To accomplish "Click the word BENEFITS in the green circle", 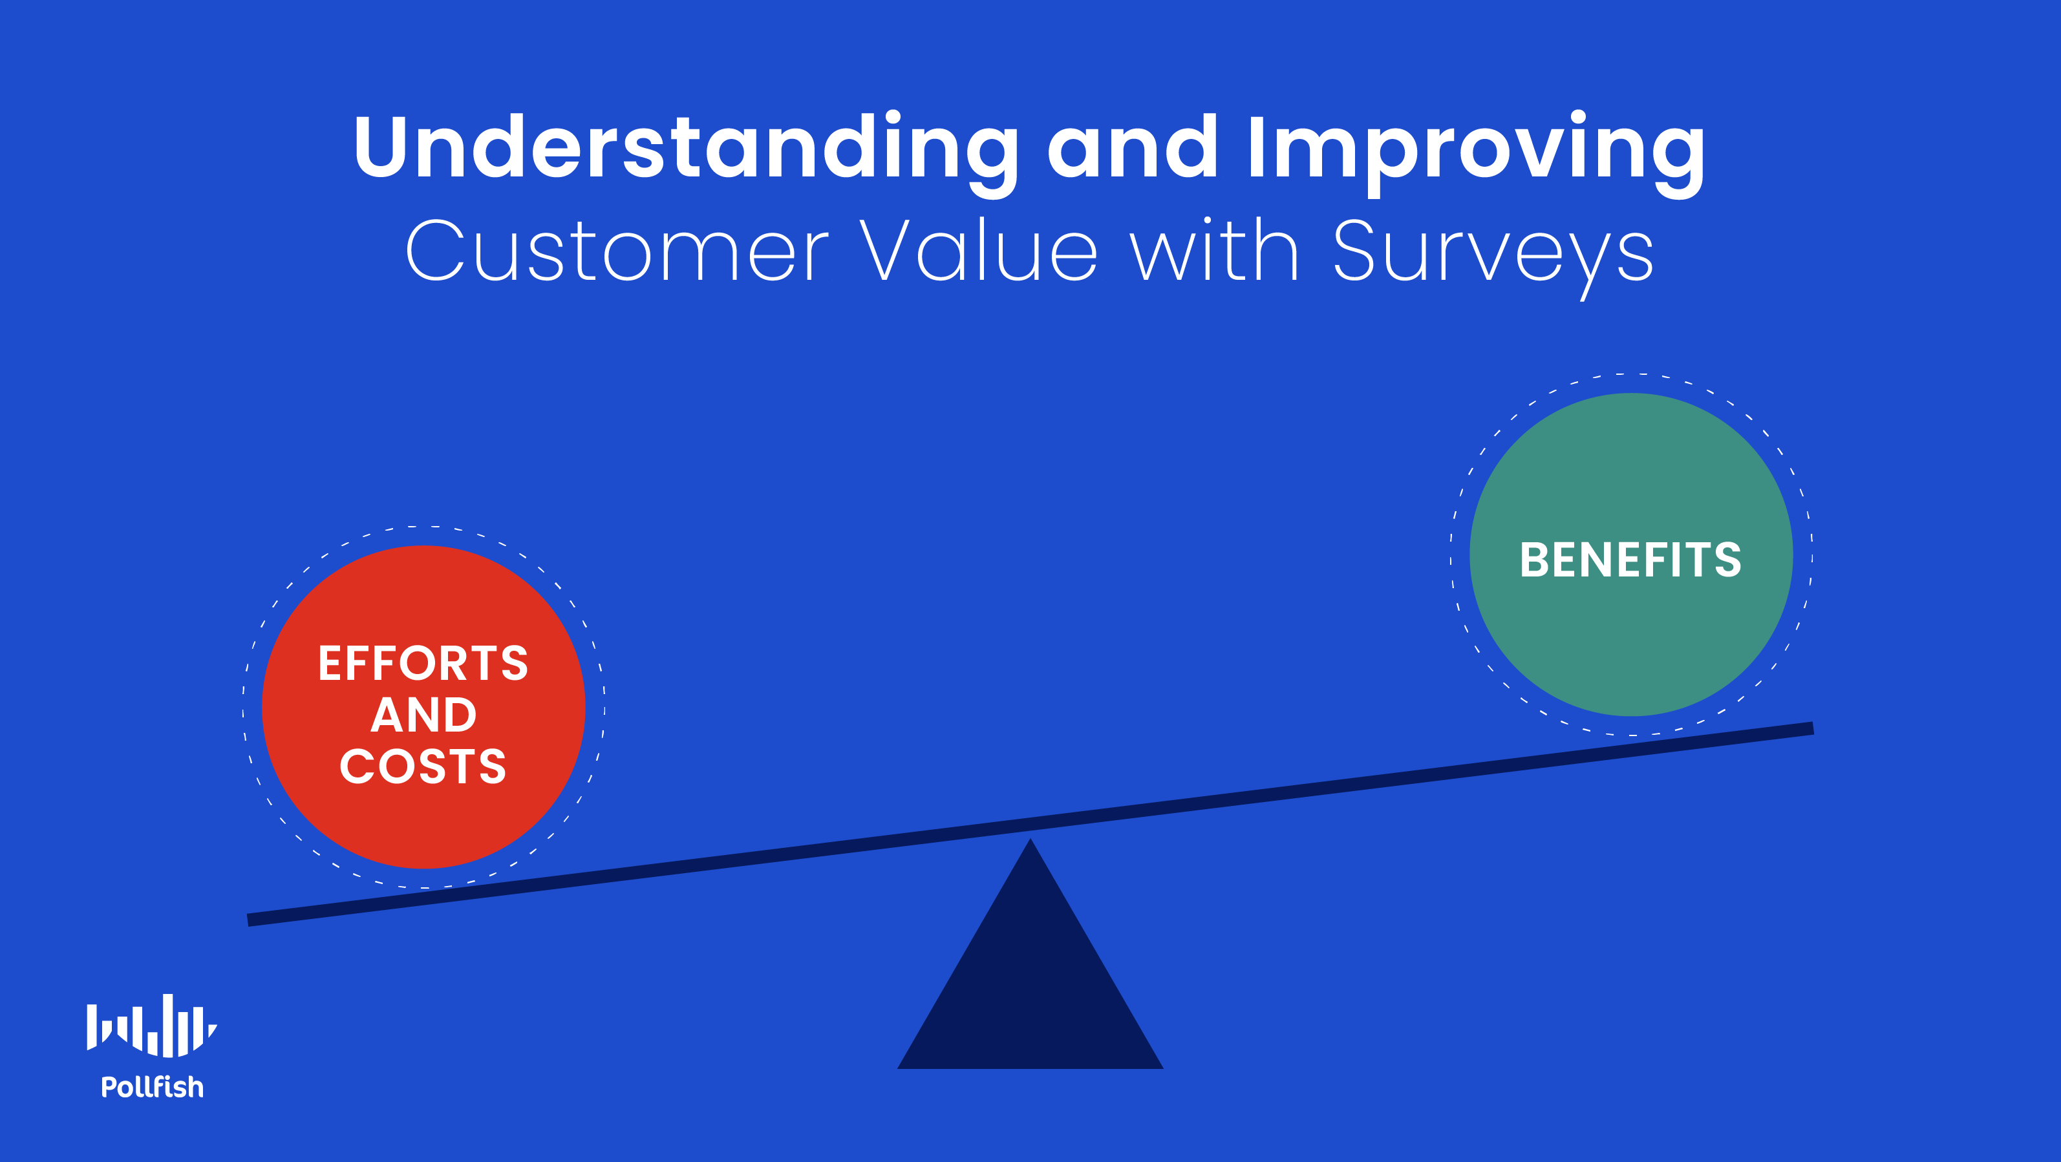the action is point(1630,559).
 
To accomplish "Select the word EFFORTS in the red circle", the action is point(423,663).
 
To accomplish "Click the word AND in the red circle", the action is point(423,714).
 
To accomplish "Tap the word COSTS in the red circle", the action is point(423,766).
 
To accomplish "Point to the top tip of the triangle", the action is point(1030,839).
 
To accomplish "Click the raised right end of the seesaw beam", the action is point(1811,728).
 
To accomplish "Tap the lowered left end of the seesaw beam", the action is point(250,920).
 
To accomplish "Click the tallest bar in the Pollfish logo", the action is point(168,1025).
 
